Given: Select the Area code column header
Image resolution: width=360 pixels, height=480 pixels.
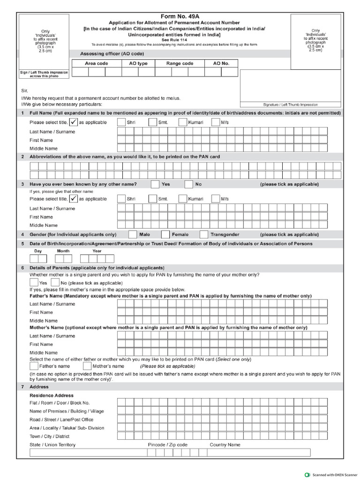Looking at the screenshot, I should (97, 63).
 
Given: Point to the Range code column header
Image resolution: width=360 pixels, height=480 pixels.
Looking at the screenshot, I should (180, 63).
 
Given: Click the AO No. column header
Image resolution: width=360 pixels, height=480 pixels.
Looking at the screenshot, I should (221, 63).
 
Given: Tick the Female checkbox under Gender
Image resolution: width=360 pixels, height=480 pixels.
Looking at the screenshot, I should (165, 234).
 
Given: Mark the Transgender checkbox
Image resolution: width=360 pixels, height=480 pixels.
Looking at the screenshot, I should (204, 234).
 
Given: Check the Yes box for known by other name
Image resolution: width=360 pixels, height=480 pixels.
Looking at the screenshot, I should (155, 184).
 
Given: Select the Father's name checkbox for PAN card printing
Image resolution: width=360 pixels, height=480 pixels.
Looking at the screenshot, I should (34, 366).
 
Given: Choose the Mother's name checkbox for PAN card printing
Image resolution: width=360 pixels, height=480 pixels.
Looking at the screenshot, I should (87, 366).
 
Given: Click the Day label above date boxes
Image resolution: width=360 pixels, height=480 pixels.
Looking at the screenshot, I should (38, 251).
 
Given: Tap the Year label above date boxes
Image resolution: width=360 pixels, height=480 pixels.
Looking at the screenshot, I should (97, 251).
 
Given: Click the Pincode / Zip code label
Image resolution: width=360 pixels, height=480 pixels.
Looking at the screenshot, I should (168, 444).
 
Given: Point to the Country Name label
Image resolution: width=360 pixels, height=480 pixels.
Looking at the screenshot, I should (225, 444).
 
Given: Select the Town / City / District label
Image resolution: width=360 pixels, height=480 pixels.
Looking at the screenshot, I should (50, 436).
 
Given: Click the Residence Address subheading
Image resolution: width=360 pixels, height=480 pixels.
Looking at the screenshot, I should (52, 395).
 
